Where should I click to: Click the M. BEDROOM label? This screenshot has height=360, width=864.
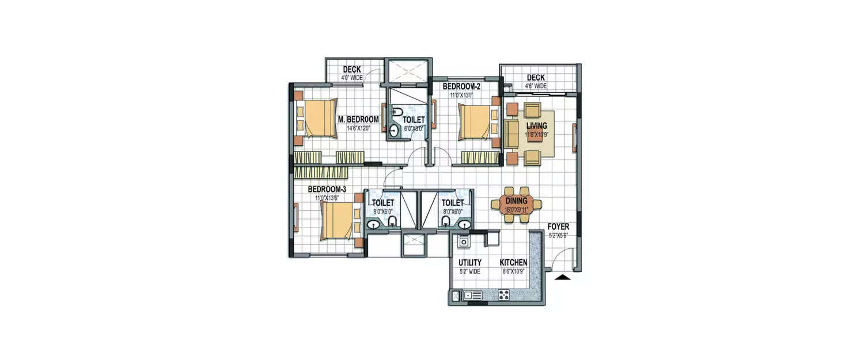tap(358, 119)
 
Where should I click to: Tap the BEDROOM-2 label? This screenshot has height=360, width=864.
tap(461, 87)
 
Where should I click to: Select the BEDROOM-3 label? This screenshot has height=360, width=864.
tap(327, 189)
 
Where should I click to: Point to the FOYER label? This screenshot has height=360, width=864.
tap(558, 227)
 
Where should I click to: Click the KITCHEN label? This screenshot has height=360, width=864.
tap(513, 262)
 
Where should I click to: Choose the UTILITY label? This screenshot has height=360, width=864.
tap(469, 262)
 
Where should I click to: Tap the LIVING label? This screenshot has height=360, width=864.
tap(536, 126)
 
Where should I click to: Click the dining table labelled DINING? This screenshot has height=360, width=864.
tap(517, 204)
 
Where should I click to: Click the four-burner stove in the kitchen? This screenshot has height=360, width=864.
tap(503, 295)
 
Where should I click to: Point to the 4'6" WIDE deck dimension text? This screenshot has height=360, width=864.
tap(535, 86)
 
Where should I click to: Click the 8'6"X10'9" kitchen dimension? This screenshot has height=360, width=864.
tap(513, 270)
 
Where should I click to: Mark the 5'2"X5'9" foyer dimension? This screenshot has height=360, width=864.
tap(558, 235)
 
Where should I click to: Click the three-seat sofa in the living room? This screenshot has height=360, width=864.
tap(511, 133)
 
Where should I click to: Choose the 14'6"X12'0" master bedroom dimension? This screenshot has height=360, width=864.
tap(358, 128)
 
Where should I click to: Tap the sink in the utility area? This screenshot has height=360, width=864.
tap(463, 243)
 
